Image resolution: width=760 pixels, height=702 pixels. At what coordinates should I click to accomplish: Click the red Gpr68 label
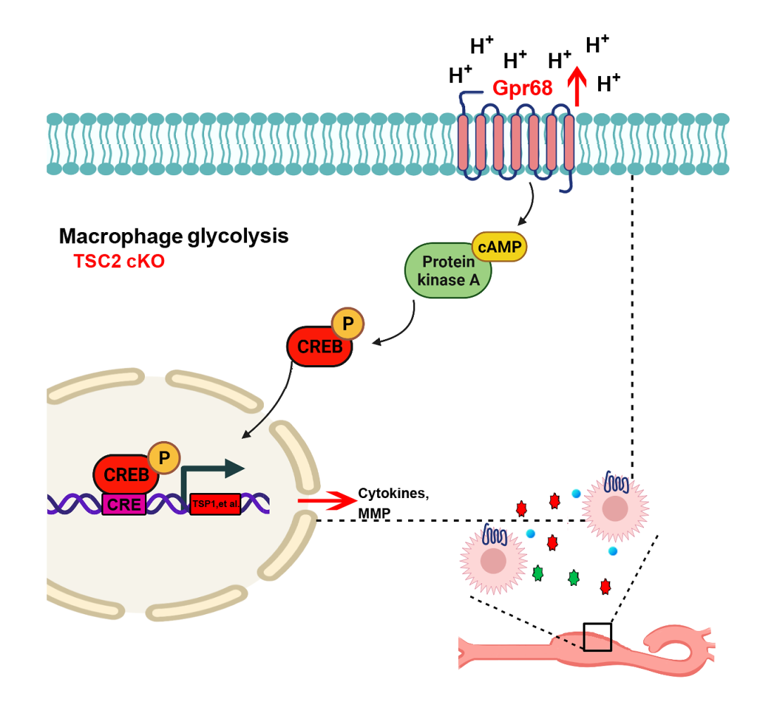pos(522,88)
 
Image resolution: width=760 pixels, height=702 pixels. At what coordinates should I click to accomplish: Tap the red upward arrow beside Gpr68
pos(577,87)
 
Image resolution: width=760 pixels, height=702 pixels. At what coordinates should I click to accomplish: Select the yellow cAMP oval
pos(499,247)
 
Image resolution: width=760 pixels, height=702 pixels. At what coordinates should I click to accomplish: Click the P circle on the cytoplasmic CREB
pos(348,324)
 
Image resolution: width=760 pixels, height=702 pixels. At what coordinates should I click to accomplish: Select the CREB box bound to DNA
pos(125,475)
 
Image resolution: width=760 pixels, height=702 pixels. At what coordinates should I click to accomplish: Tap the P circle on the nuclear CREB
pos(164,458)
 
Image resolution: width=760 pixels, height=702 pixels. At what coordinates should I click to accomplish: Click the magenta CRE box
pos(124,505)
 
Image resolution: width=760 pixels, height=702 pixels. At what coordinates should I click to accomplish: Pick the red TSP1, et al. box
pos(215,504)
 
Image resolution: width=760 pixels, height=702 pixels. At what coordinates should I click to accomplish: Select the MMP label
pos(374,513)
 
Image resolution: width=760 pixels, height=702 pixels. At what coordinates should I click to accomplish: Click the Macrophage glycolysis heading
pos(174,236)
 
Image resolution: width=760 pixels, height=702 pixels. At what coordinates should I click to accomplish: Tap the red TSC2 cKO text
pos(119,261)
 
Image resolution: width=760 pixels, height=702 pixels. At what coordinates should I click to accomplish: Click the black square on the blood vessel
pos(597,637)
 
